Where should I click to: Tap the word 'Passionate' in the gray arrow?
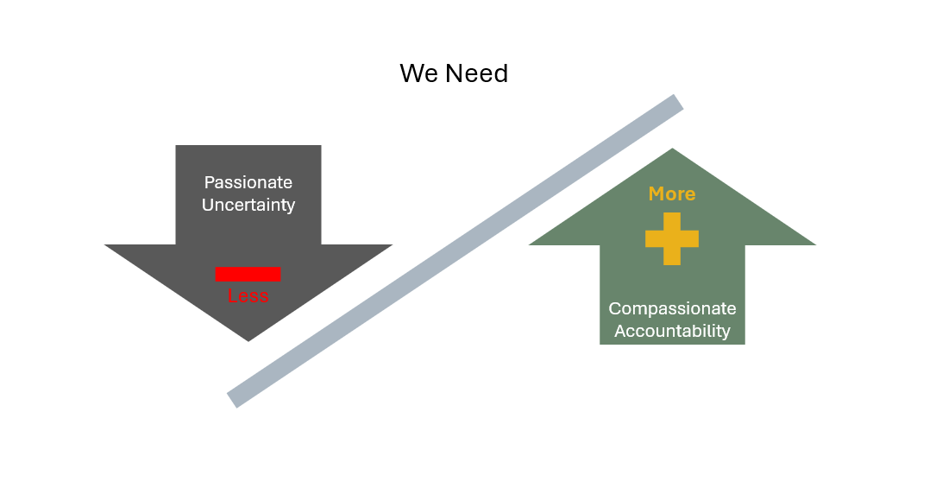click(248, 182)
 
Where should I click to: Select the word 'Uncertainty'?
click(248, 205)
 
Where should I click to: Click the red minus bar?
click(248, 274)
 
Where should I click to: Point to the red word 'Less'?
click(248, 296)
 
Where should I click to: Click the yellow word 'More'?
click(672, 193)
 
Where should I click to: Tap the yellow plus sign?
click(672, 238)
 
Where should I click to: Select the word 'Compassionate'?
click(672, 308)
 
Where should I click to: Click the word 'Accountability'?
click(672, 331)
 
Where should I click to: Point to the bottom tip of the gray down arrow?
click(248, 340)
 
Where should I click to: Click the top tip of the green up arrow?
click(672, 149)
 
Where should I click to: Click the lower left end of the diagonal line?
click(233, 399)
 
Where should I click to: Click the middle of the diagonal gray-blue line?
click(455, 251)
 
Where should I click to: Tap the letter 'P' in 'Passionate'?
click(209, 182)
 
